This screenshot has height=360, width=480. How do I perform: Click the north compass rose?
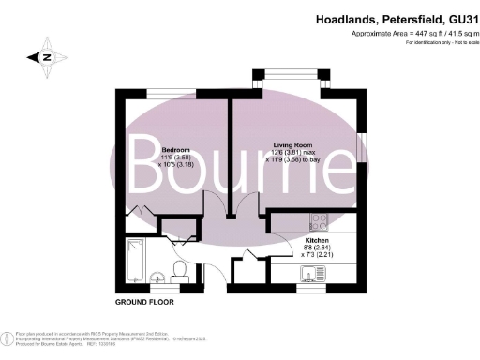45,56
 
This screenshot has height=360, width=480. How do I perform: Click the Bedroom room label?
175,150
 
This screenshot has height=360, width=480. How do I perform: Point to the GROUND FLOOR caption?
145,303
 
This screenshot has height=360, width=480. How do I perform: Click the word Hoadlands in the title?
346,18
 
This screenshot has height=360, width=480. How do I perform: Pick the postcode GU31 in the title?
450,18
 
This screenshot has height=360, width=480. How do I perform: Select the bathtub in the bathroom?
133,259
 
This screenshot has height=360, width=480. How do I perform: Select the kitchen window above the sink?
310,287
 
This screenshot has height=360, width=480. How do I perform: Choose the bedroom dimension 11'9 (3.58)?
175,157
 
